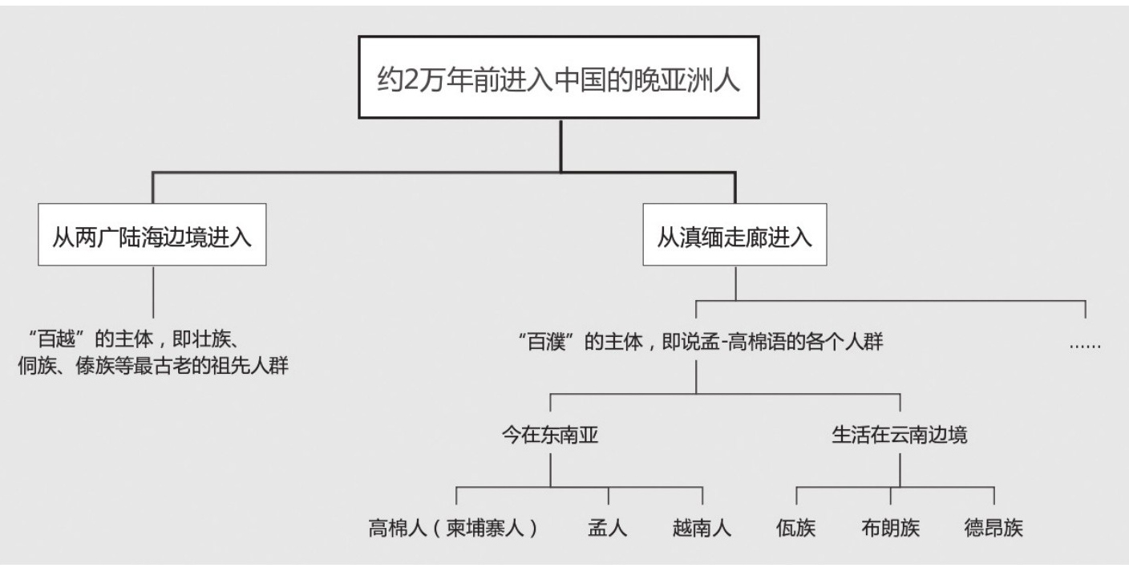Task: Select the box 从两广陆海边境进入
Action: tap(152, 238)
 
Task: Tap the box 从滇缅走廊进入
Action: tap(734, 238)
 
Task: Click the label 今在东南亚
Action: tap(549, 436)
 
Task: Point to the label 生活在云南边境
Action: tap(900, 436)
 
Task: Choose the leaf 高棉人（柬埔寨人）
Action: tap(454, 529)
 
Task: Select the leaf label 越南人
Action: tap(702, 529)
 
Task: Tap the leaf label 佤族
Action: tap(796, 529)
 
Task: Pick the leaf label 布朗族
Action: tap(890, 529)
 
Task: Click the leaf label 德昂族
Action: tap(993, 529)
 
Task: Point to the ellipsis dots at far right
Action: tap(1085, 345)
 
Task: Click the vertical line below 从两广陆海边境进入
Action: tap(152, 292)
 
